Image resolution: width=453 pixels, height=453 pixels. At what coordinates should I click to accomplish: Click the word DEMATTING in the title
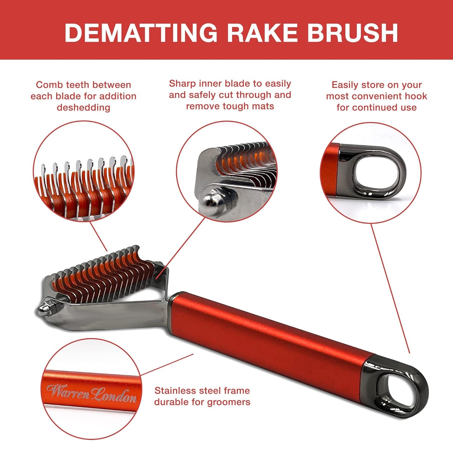[141, 33]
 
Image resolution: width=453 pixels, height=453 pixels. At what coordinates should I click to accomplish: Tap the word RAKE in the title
[261, 33]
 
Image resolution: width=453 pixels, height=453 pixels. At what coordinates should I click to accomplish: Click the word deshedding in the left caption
[83, 108]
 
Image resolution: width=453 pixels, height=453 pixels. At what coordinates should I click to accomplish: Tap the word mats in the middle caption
[264, 106]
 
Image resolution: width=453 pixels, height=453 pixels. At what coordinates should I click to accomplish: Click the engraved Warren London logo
[92, 393]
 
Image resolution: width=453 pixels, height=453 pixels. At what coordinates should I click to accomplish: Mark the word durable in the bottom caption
[171, 402]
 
